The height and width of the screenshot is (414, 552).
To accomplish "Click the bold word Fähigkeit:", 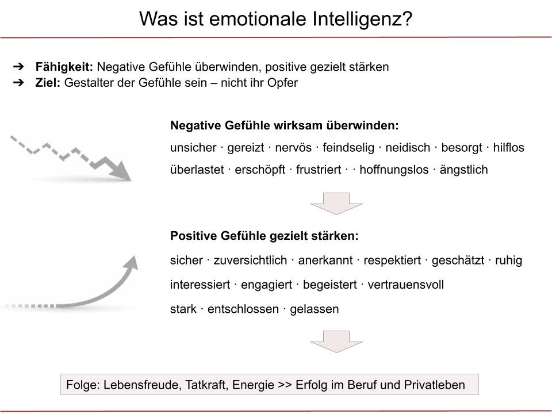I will coord(64,67).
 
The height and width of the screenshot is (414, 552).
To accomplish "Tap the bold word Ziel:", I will coord(48,83).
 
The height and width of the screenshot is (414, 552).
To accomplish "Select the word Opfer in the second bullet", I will coord(283,83).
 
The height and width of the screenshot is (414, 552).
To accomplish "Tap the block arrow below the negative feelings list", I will coord(336,204).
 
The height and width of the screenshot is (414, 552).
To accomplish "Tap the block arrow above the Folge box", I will coord(336,342).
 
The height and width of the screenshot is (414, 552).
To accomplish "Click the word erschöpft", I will coord(262,170).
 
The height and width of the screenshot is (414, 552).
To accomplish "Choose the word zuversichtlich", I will coord(250,260).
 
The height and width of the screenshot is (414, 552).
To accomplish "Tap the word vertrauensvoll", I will coord(406,285).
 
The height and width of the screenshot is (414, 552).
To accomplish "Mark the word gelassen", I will coord(315,309).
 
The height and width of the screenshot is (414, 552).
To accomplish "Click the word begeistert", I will coord(328,285).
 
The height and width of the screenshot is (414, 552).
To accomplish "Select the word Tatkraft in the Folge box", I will coord(206,385).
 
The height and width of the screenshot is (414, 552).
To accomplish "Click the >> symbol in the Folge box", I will coord(284,385).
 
